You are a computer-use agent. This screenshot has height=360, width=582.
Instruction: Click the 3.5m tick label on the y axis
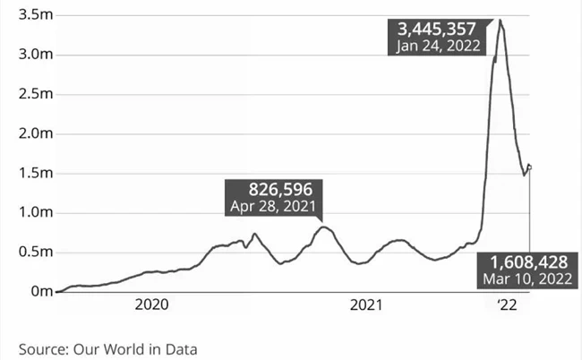pyautogui.click(x=22, y=15)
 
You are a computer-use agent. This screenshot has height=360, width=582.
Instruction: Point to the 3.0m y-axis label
pyautogui.click(x=22, y=55)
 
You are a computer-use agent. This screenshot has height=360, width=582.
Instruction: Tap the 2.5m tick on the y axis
pyautogui.click(x=22, y=94)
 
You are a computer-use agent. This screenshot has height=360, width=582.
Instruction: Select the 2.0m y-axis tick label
pyautogui.click(x=22, y=133)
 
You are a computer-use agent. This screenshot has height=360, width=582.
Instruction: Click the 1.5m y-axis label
pyautogui.click(x=22, y=173)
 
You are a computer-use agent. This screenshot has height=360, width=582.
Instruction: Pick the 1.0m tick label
pyautogui.click(x=22, y=212)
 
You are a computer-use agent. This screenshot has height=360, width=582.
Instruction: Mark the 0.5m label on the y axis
pyautogui.click(x=22, y=252)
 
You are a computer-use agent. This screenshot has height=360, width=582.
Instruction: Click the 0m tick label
pyautogui.click(x=30, y=291)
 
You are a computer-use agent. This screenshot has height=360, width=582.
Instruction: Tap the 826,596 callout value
pyautogui.click(x=272, y=190)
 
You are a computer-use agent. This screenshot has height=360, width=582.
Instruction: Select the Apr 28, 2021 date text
pyautogui.click(x=272, y=207)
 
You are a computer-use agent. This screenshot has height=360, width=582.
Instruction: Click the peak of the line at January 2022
pyautogui.click(x=500, y=20)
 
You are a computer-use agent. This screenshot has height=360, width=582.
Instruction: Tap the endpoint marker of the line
pyautogui.click(x=530, y=166)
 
